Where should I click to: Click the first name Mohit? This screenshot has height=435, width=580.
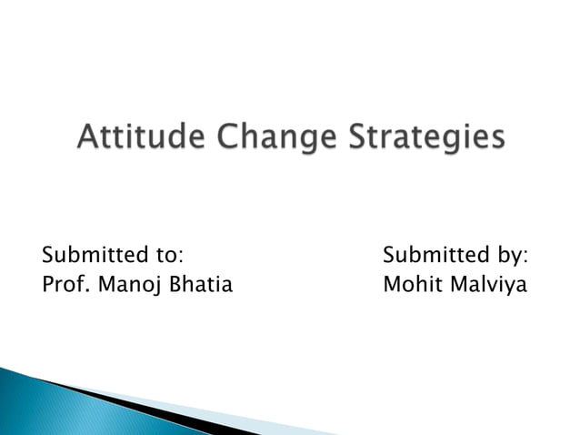point(413,285)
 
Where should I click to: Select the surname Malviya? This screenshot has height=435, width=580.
point(490,285)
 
